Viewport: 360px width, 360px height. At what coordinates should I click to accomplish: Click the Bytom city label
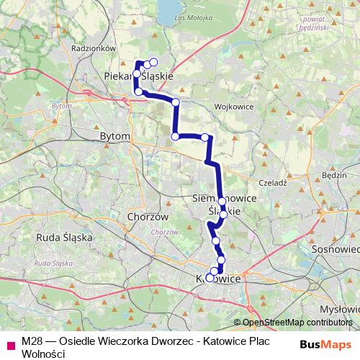click(x=115, y=135)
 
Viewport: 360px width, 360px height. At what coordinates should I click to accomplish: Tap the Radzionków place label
click(x=94, y=48)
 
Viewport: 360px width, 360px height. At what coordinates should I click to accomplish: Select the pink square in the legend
click(x=10, y=344)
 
